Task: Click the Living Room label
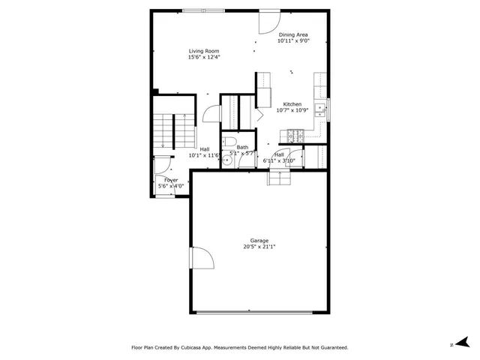coord(203,51)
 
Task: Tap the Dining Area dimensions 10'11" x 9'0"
coord(292,41)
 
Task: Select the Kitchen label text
coord(292,104)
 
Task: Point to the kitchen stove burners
coord(293,136)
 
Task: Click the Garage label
coord(259,241)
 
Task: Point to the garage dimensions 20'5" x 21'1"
coord(259,247)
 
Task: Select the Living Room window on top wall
coord(203,10)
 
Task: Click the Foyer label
coord(171,180)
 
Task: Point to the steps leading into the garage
coord(279,178)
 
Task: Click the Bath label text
coord(242,148)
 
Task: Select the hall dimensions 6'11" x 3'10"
coord(279,160)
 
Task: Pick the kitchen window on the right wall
coord(328,109)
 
